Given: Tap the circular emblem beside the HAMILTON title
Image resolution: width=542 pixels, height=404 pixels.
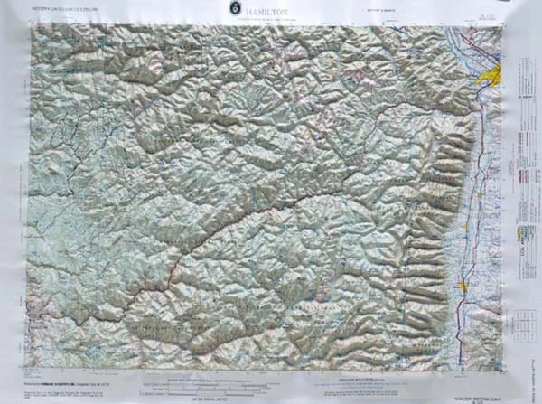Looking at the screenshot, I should (233, 8).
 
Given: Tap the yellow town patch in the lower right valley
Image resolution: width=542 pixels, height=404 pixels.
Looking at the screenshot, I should (464, 286).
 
